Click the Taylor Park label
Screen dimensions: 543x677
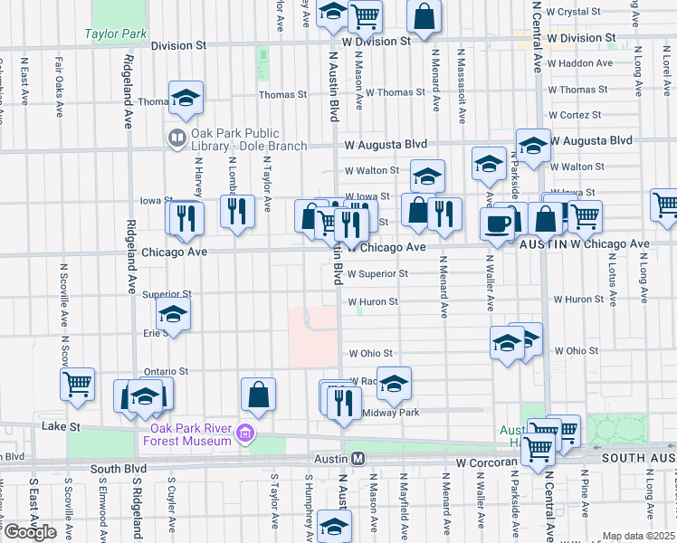[x=116, y=33]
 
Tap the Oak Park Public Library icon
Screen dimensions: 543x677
[x=176, y=138]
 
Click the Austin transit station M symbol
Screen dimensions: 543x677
[x=358, y=459]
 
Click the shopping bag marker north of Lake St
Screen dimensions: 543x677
[x=258, y=394]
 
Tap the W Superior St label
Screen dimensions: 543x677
[x=377, y=273]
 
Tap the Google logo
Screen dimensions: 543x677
[x=30, y=532]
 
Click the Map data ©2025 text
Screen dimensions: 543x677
[x=638, y=536]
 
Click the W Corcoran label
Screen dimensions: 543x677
[x=485, y=462]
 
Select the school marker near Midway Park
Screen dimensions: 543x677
[x=394, y=384]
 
